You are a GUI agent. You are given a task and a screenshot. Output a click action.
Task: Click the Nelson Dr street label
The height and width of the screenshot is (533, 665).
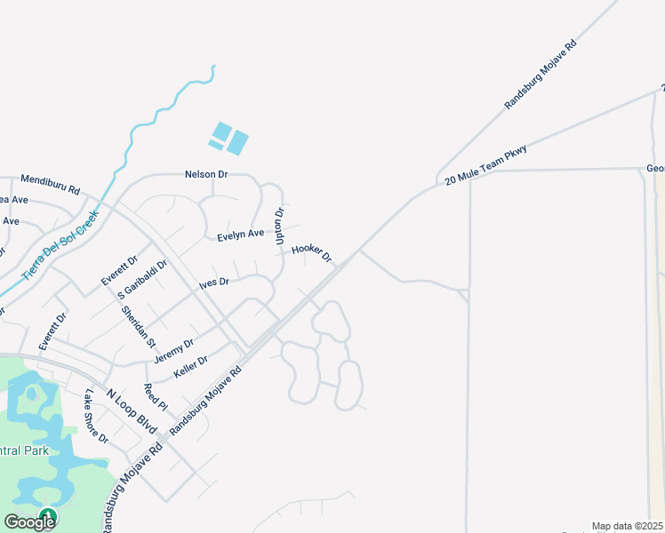(206, 174)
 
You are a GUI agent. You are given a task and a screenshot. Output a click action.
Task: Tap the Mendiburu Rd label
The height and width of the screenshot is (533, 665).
(50, 190)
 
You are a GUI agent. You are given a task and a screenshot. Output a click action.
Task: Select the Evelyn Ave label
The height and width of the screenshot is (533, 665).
(241, 235)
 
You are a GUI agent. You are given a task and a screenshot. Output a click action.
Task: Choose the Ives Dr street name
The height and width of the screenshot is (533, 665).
(214, 282)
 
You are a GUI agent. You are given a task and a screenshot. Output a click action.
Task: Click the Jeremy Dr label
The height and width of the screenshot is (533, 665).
(173, 350)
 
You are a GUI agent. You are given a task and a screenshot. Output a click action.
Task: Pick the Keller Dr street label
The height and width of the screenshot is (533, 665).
(190, 367)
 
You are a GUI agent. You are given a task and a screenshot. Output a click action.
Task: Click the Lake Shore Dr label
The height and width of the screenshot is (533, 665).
(96, 417)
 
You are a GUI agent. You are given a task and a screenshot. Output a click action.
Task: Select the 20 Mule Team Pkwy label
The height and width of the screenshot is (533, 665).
(485, 165)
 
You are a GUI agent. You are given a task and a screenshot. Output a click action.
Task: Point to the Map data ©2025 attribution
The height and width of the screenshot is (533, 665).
(628, 526)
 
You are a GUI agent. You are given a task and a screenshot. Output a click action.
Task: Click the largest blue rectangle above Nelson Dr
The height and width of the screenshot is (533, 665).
(237, 143)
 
